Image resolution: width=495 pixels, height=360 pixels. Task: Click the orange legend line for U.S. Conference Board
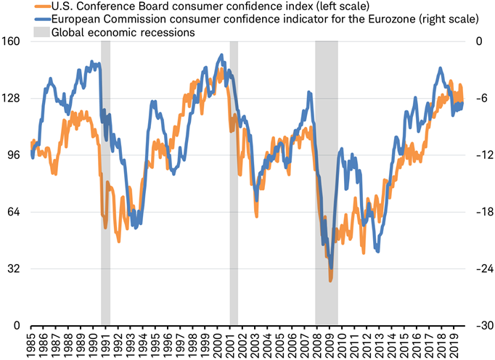point(42,7)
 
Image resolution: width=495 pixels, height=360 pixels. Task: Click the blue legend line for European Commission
point(42,18)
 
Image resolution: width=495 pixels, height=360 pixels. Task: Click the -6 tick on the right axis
point(480,99)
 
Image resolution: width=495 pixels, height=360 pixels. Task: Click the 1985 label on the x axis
point(31,343)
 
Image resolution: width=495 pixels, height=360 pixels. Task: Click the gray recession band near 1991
point(105,181)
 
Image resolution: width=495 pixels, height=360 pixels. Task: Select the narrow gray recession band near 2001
point(234,181)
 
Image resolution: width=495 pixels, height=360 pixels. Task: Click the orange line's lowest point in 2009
point(330,279)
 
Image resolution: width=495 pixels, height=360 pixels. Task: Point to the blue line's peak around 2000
point(221,54)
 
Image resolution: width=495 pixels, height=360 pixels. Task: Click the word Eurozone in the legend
point(396,18)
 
